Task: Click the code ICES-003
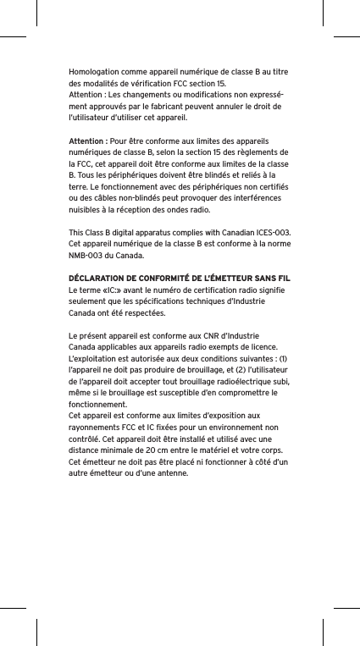(x=273, y=231)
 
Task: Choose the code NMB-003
(x=87, y=255)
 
